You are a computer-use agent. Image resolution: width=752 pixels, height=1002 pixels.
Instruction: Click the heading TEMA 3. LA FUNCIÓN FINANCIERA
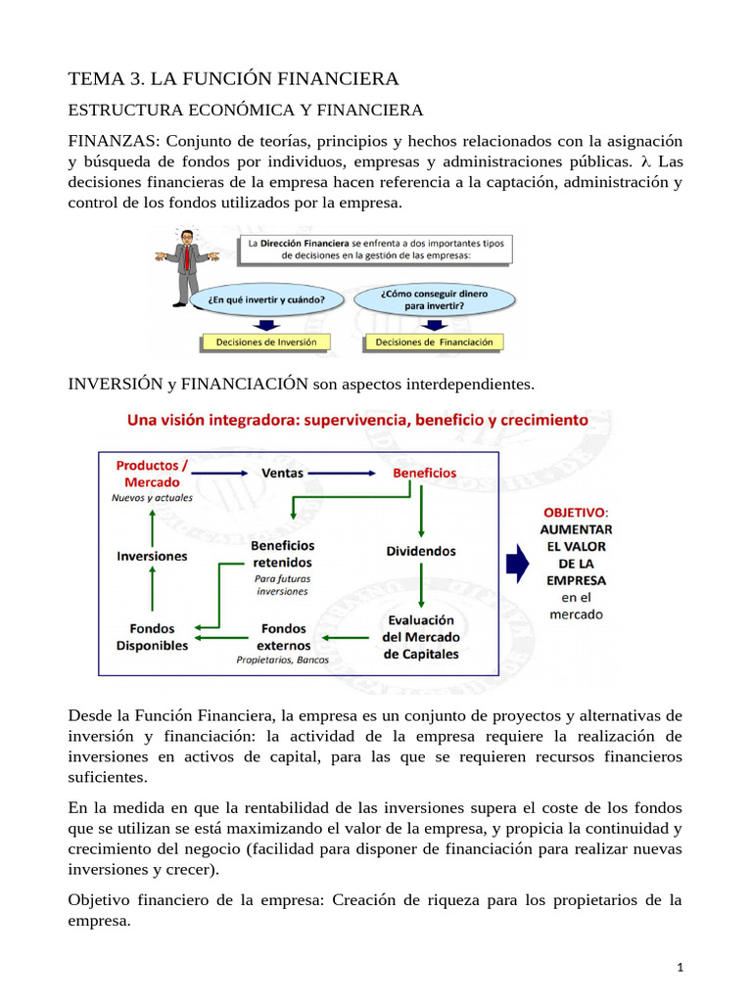[233, 78]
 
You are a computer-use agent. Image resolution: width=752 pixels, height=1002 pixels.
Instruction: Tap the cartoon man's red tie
[185, 256]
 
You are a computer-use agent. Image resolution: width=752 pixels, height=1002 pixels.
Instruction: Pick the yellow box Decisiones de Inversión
[266, 342]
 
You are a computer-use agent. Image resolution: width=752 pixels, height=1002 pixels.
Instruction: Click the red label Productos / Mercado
[152, 474]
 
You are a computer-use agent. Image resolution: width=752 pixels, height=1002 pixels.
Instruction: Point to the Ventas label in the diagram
[284, 473]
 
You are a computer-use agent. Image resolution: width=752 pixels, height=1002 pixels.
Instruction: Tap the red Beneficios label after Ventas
[424, 473]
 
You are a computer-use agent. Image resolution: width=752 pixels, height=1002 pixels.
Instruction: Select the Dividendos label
[421, 551]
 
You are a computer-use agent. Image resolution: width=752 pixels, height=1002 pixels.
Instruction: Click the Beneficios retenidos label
[282, 554]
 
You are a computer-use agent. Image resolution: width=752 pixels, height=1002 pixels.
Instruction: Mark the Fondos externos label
[283, 637]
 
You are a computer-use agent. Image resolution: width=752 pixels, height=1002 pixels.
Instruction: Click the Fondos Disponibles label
[152, 637]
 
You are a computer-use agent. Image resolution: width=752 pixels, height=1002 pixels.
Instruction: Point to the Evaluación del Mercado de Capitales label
[421, 637]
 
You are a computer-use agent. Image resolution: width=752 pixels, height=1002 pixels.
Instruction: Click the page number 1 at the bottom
[680, 968]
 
